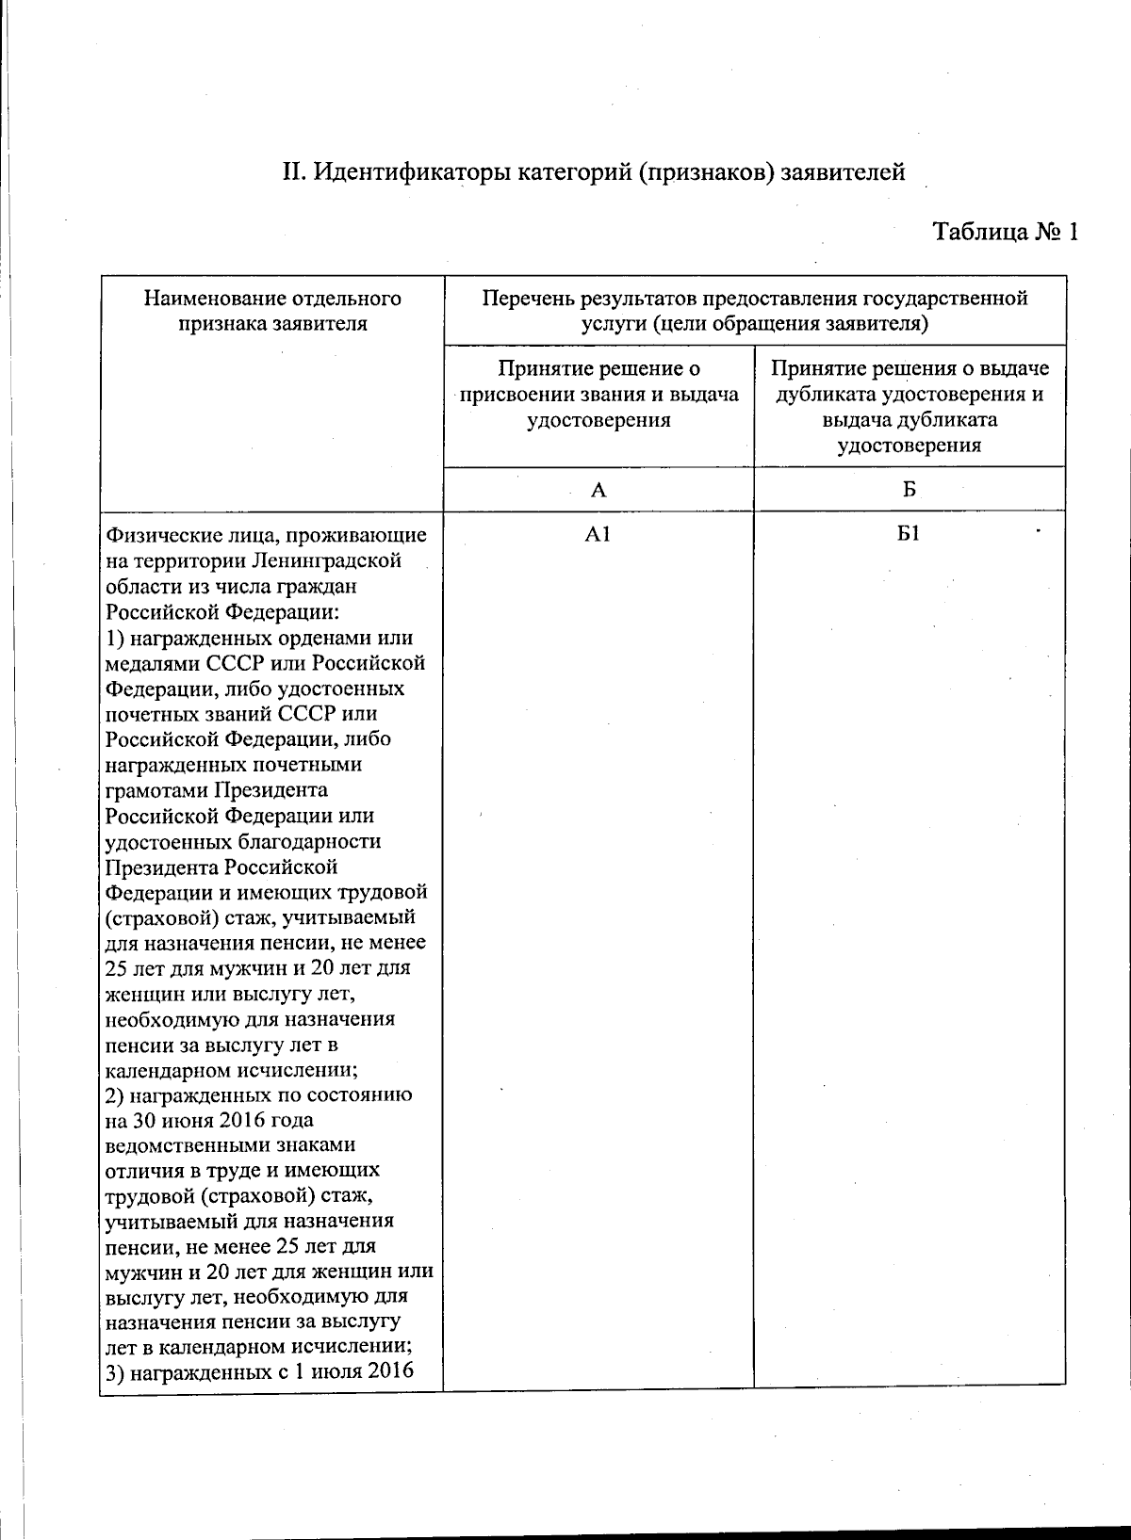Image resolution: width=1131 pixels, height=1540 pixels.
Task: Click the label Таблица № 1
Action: coord(1004,232)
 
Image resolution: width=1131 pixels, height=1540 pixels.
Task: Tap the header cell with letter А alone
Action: coord(598,490)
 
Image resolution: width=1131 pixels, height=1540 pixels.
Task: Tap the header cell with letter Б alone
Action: coord(909,490)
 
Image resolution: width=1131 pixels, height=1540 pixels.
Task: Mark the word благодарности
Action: coord(317,841)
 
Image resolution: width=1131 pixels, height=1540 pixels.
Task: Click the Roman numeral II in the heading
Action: coord(291,173)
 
